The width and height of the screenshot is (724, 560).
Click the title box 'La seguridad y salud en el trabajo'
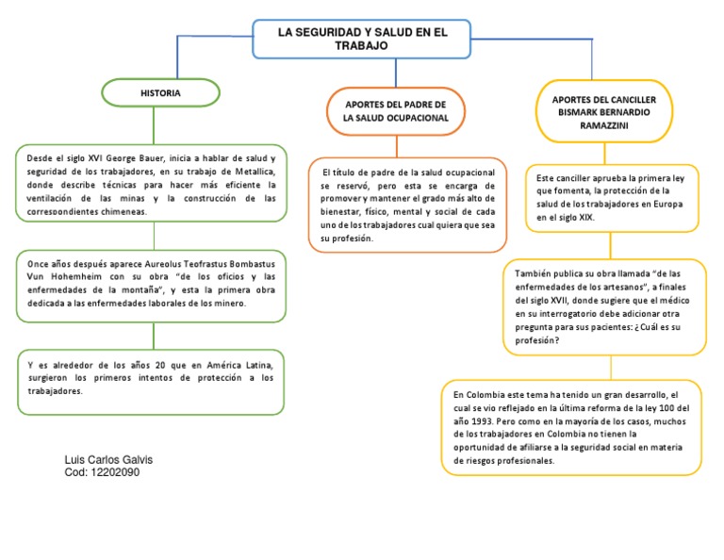coord(361,39)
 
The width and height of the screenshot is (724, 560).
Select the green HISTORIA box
coord(160,93)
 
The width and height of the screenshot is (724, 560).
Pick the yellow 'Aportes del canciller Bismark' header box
coord(611,111)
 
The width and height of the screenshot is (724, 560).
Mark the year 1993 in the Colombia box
coord(484,420)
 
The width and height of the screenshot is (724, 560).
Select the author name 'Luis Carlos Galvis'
coord(108,459)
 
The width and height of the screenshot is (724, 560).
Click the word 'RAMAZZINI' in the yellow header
coord(611,124)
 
